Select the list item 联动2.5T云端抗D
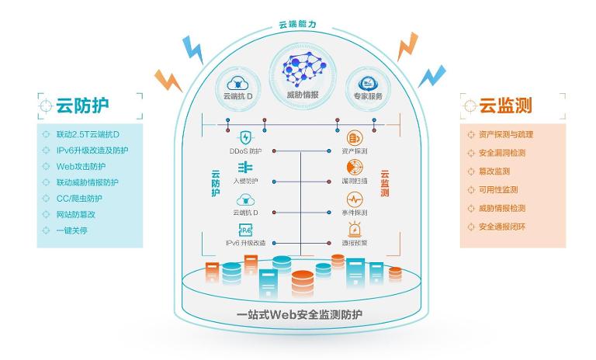pyautogui.click(x=88, y=134)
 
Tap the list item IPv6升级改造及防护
pyautogui.click(x=92, y=151)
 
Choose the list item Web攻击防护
pyautogui.click(x=81, y=166)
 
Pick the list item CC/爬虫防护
pyautogui.click(x=82, y=199)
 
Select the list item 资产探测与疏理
pyautogui.click(x=506, y=134)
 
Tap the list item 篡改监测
pyautogui.click(x=494, y=171)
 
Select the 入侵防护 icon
pyautogui.click(x=245, y=168)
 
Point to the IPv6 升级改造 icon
pyautogui.click(x=245, y=230)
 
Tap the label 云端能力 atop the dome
pyautogui.click(x=297, y=25)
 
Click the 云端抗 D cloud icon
pyautogui.click(x=240, y=82)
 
